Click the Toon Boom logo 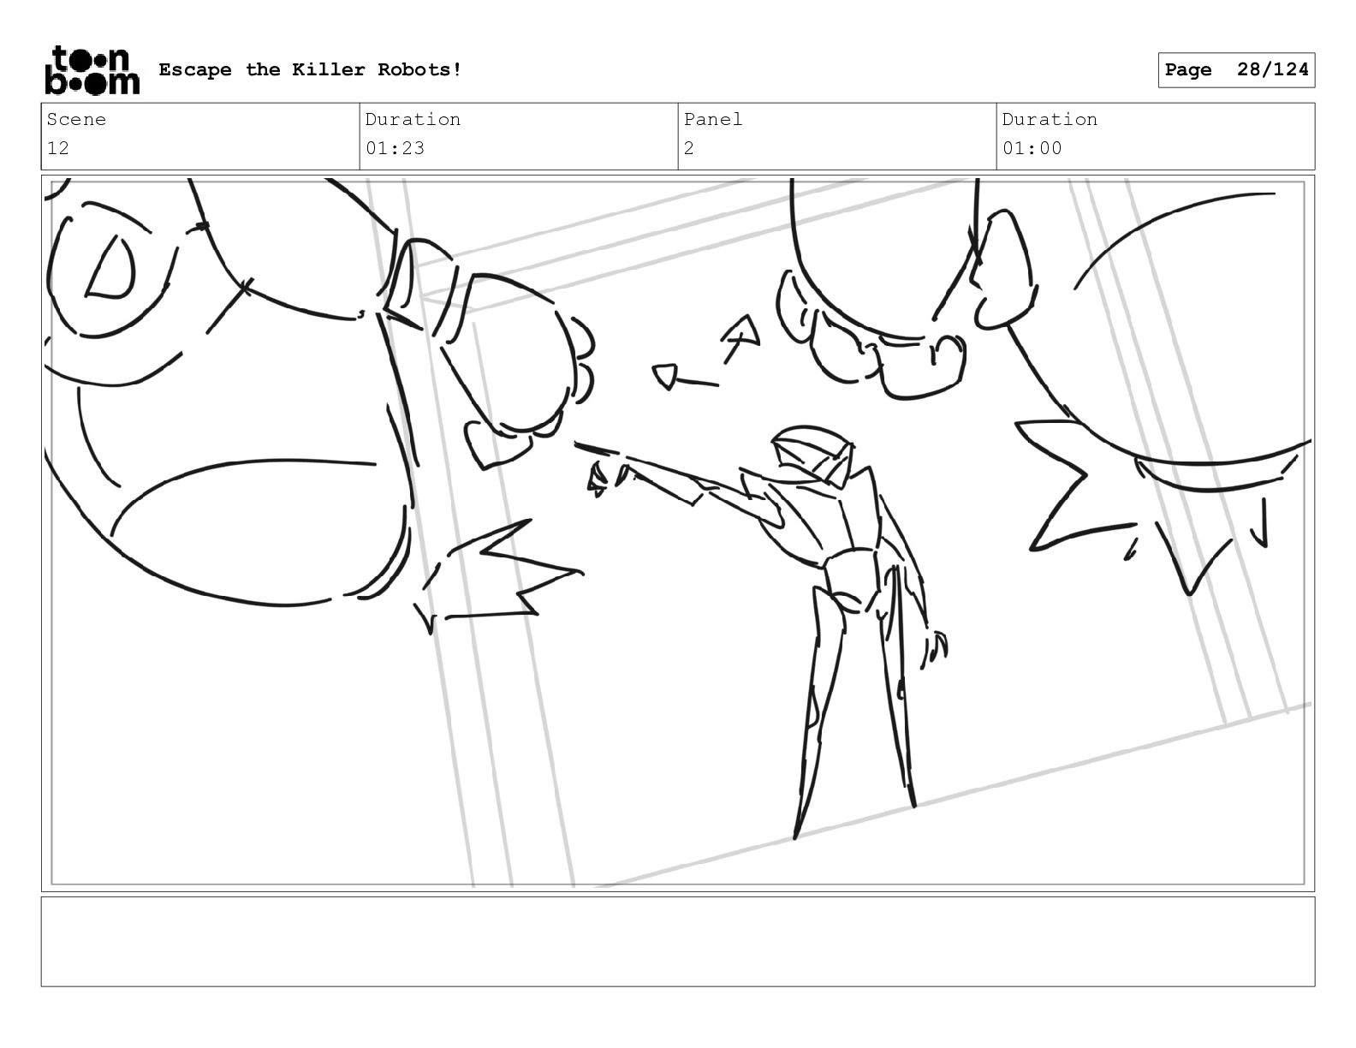pos(92,70)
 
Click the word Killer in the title pos(328,69)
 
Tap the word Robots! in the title pos(419,69)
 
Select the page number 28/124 pos(1272,69)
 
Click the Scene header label pos(76,119)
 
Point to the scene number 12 pos(58,148)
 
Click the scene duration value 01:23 pos(395,148)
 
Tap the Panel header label pos(713,119)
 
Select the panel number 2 pos(689,148)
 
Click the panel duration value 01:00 pos(1032,148)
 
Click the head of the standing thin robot pos(812,456)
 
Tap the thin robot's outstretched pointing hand pos(604,478)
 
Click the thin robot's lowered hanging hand pos(934,649)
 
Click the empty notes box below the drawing pos(678,941)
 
